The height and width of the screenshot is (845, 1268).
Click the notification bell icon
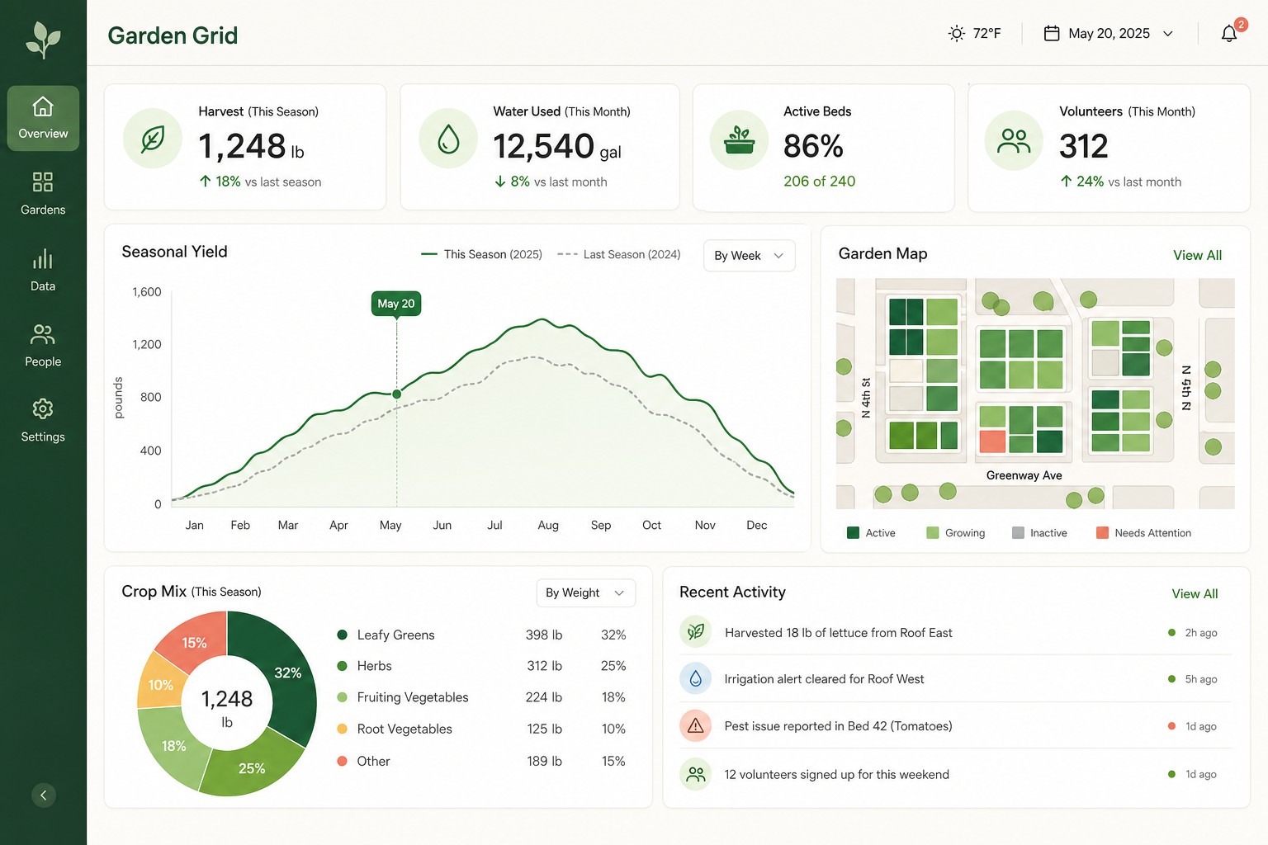coord(1228,33)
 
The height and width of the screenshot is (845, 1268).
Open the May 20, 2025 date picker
coord(1108,33)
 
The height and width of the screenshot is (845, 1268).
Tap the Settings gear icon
coord(43,408)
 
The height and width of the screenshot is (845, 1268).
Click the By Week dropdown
coord(749,255)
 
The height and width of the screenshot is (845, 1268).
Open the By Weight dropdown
coord(585,592)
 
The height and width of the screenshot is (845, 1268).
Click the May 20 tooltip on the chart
coord(396,304)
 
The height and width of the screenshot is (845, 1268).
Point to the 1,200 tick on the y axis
coord(147,344)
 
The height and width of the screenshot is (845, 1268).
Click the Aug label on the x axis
coord(548,525)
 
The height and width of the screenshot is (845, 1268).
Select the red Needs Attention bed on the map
coord(992,441)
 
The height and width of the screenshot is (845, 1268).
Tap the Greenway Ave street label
coord(1024,475)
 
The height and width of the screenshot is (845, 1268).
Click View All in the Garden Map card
coord(1197,255)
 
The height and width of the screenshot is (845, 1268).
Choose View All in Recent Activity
coord(1195,593)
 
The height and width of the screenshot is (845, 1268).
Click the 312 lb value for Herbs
coord(545,666)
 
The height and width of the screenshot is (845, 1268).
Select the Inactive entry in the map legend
coord(1039,532)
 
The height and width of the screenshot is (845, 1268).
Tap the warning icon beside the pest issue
coord(695,725)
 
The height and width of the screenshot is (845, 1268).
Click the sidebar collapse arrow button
coord(44,795)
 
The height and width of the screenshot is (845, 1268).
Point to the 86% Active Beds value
coord(813,146)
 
